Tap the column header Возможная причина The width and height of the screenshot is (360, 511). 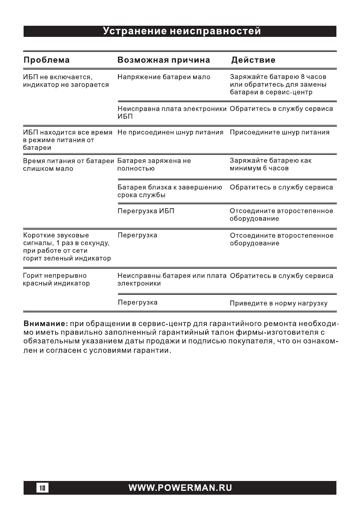pyautogui.click(x=163, y=60)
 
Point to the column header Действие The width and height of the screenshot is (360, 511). pyautogui.click(x=253, y=60)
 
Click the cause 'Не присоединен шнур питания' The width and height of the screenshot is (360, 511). pyautogui.click(x=170, y=133)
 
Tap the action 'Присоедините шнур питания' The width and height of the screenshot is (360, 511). pyautogui.click(x=279, y=133)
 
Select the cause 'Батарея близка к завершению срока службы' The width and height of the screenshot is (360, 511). pyautogui.click(x=169, y=191)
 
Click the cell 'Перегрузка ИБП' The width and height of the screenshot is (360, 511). pyautogui.click(x=146, y=212)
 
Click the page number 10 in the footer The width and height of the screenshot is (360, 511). pyautogui.click(x=43, y=488)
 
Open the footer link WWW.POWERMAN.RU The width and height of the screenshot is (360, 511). pyautogui.click(x=180, y=488)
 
